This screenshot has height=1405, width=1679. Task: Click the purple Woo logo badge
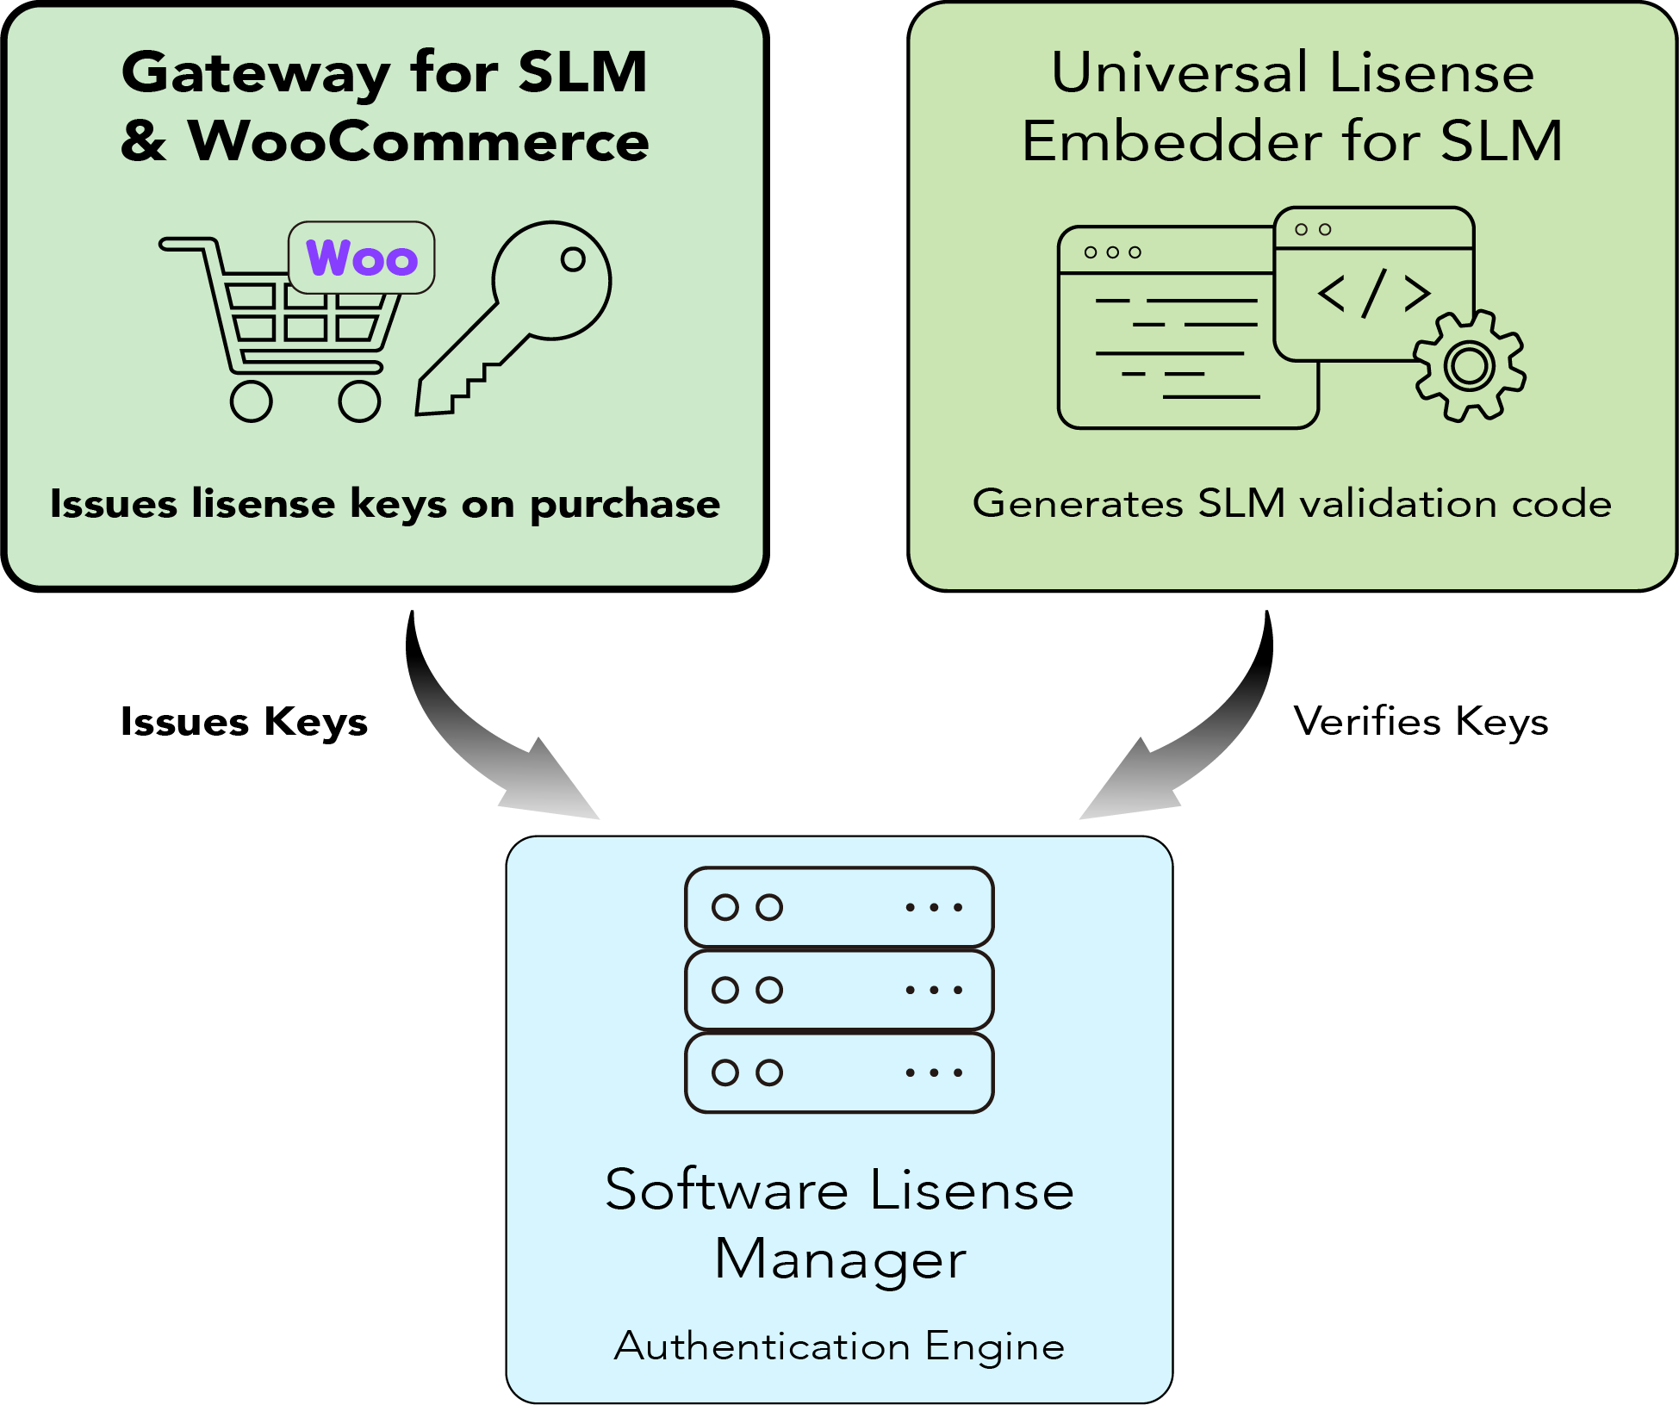pyautogui.click(x=362, y=258)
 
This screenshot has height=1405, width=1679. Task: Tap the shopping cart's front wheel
pyautogui.click(x=359, y=401)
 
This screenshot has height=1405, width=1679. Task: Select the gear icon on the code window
pyautogui.click(x=1470, y=366)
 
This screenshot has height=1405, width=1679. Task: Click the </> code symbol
pyautogui.click(x=1374, y=293)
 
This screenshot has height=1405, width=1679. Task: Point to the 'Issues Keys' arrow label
pyautogui.click(x=244, y=722)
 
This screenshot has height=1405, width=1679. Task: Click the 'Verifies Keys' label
pyautogui.click(x=1421, y=722)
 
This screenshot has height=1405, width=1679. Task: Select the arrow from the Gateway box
pyautogui.click(x=482, y=732)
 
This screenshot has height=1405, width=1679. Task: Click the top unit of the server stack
pyautogui.click(x=839, y=907)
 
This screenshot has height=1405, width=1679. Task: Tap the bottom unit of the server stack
pyautogui.click(x=839, y=1072)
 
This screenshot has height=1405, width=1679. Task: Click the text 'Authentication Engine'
pyautogui.click(x=839, y=1346)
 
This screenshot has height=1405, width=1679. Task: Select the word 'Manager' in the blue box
pyautogui.click(x=840, y=1259)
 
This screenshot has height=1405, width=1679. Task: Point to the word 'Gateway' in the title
pyautogui.click(x=255, y=74)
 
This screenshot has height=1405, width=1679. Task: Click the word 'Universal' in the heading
pyautogui.click(x=1180, y=72)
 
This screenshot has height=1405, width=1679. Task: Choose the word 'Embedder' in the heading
pyautogui.click(x=1172, y=141)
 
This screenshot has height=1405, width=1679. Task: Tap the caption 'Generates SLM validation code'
pyautogui.click(x=1291, y=503)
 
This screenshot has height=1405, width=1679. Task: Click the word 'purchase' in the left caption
pyautogui.click(x=625, y=505)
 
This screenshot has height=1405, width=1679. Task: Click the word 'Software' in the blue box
pyautogui.click(x=727, y=1191)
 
